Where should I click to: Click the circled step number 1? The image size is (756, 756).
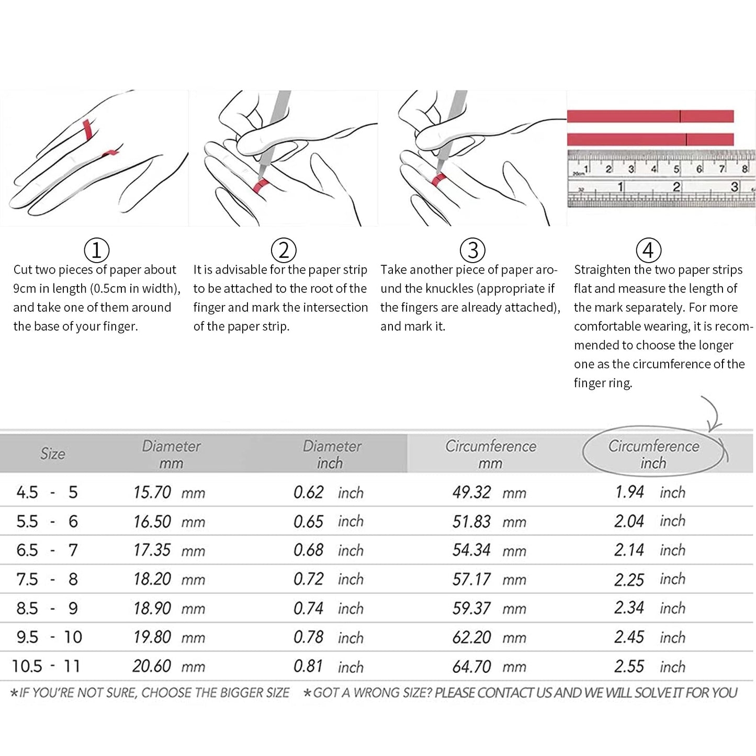click(x=96, y=250)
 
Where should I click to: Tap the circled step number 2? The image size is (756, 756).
click(x=284, y=250)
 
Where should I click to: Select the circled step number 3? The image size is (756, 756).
click(x=473, y=250)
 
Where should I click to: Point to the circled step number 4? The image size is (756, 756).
click(x=649, y=250)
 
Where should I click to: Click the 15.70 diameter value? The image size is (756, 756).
click(x=152, y=492)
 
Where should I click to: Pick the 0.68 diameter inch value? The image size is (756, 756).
click(x=308, y=550)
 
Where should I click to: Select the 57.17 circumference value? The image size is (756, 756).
click(x=471, y=579)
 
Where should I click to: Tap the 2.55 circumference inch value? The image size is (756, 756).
click(x=629, y=666)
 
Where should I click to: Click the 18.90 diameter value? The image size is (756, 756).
click(x=152, y=608)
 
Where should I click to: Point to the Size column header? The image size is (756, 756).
click(x=52, y=454)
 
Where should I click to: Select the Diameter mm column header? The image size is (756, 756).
click(x=171, y=454)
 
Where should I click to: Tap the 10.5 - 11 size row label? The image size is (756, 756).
click(x=46, y=666)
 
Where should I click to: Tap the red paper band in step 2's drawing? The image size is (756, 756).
click(x=260, y=185)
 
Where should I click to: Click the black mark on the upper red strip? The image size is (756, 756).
click(x=680, y=117)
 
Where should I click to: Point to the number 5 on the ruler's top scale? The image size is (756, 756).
click(x=676, y=169)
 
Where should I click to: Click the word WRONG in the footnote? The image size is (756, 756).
click(x=377, y=693)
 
